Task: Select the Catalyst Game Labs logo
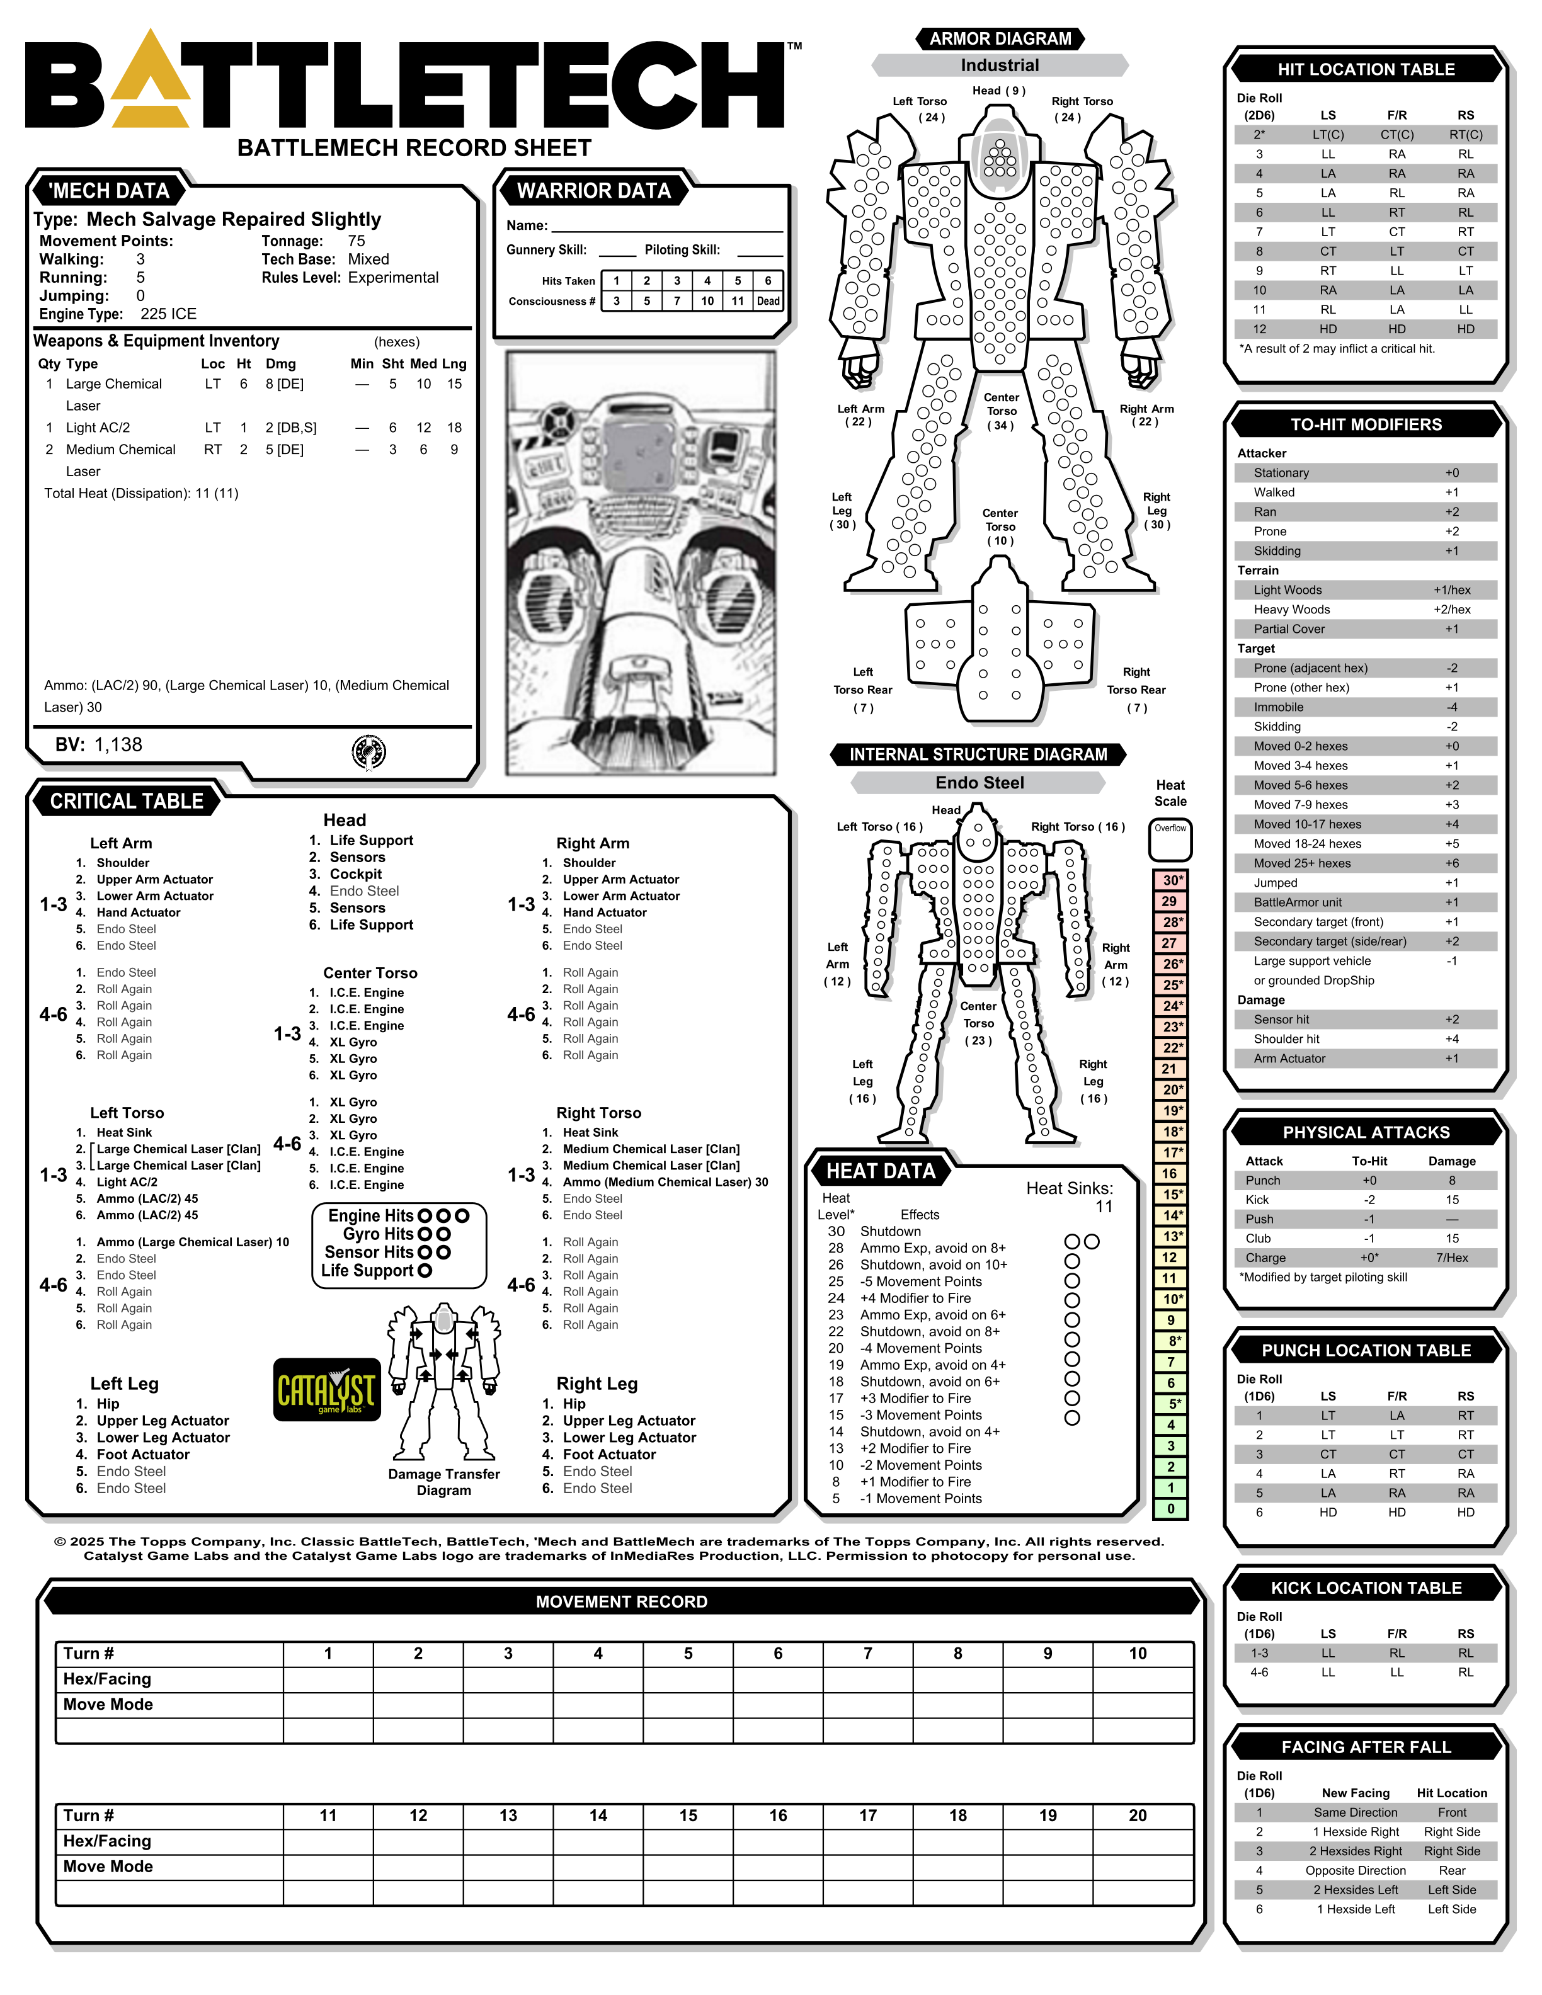pos(326,1389)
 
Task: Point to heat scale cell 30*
pos(1171,880)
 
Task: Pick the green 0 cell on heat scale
pos(1170,1509)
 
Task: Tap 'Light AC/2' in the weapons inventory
pos(98,428)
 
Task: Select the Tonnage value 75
pos(357,241)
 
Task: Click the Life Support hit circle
pos(425,1271)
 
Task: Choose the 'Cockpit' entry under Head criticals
pos(355,874)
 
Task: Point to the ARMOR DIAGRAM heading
pos(1000,38)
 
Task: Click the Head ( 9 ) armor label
pos(998,91)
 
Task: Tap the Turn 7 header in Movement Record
pos(868,1653)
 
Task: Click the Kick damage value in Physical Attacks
pos(1451,1200)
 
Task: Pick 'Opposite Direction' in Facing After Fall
pos(1355,1871)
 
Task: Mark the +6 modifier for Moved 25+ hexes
pos(1451,863)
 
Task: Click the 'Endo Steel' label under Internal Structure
pos(979,783)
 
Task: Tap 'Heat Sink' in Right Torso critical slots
pos(590,1133)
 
